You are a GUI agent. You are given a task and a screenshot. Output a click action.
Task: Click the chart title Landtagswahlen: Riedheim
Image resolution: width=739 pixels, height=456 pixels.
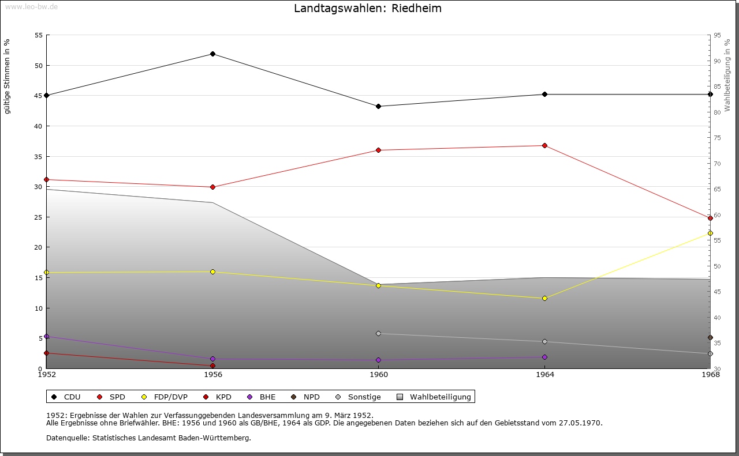(368, 8)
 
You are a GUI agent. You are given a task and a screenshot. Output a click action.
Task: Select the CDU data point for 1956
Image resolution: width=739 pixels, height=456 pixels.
(213, 54)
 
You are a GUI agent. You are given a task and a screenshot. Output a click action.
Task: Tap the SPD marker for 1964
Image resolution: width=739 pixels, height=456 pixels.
(544, 145)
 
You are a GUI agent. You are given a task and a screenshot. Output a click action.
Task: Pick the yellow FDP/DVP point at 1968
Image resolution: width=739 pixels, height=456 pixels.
(710, 233)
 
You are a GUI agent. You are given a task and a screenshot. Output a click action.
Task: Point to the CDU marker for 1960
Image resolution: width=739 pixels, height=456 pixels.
(379, 106)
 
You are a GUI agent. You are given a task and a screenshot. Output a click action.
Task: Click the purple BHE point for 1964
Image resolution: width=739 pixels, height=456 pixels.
(544, 357)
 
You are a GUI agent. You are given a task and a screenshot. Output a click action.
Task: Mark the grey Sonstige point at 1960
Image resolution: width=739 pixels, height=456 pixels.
(379, 333)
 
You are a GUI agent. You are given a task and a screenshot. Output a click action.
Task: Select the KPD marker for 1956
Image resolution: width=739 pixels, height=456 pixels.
(213, 365)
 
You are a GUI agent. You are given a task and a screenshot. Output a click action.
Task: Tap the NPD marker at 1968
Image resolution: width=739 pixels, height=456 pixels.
(710, 338)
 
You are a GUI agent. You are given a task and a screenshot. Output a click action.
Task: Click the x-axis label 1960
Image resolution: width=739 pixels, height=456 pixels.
(379, 375)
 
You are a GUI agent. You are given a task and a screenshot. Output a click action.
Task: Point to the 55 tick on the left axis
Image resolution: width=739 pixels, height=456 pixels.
(39, 35)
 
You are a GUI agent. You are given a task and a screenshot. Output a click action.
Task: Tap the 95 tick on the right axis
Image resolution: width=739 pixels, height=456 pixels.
(716, 35)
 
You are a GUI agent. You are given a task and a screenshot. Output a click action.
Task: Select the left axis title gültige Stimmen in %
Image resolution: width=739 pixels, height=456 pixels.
(8, 76)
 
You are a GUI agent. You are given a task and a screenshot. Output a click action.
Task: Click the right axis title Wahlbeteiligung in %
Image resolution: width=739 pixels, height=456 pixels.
(727, 75)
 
